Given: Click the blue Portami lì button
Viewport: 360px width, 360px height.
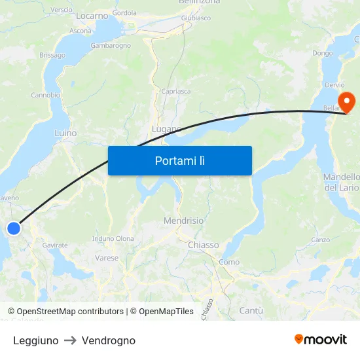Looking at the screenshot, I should click(179, 160).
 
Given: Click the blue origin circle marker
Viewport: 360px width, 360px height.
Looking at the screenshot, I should click(14, 228).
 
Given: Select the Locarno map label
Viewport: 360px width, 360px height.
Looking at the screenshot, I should click(92, 15).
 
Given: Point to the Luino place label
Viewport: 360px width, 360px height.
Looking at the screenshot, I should click(65, 133).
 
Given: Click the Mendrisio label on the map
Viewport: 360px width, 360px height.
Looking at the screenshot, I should click(183, 221).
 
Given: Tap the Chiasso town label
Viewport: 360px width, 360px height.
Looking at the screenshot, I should click(203, 245).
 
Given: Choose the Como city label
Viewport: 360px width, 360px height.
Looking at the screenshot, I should click(229, 262).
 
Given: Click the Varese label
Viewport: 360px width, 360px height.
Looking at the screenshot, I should click(107, 258).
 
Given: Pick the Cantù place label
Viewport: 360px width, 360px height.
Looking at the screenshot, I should click(251, 310).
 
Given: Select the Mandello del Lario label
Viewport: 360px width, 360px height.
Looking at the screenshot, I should click(341, 182).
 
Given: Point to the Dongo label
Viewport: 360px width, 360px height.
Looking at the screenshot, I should click(322, 53).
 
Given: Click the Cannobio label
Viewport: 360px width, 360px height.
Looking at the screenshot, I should click(45, 95).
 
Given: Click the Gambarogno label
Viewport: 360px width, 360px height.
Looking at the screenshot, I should click(111, 45).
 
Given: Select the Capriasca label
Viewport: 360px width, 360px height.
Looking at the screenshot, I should click(175, 91).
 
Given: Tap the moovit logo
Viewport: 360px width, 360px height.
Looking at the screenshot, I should click(320, 339).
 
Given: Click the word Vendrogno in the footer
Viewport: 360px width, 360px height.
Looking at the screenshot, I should click(109, 340).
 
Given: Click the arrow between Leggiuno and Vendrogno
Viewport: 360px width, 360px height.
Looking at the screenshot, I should click(70, 340).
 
